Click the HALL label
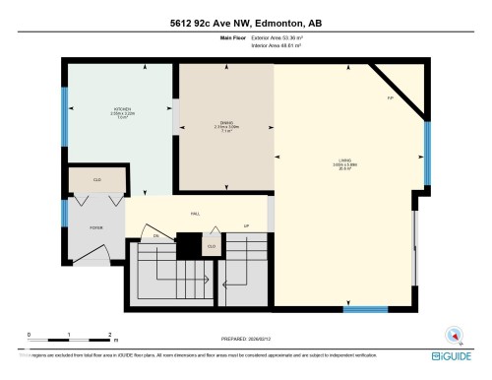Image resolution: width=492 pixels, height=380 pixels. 195,213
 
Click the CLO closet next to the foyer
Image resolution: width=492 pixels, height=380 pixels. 96,180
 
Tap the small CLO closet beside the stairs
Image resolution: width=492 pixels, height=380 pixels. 212,243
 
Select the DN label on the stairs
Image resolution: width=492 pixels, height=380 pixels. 155,237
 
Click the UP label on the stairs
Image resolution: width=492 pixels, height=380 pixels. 245,225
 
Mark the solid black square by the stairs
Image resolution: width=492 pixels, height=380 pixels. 187,242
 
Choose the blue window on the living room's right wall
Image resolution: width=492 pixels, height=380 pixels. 427,153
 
